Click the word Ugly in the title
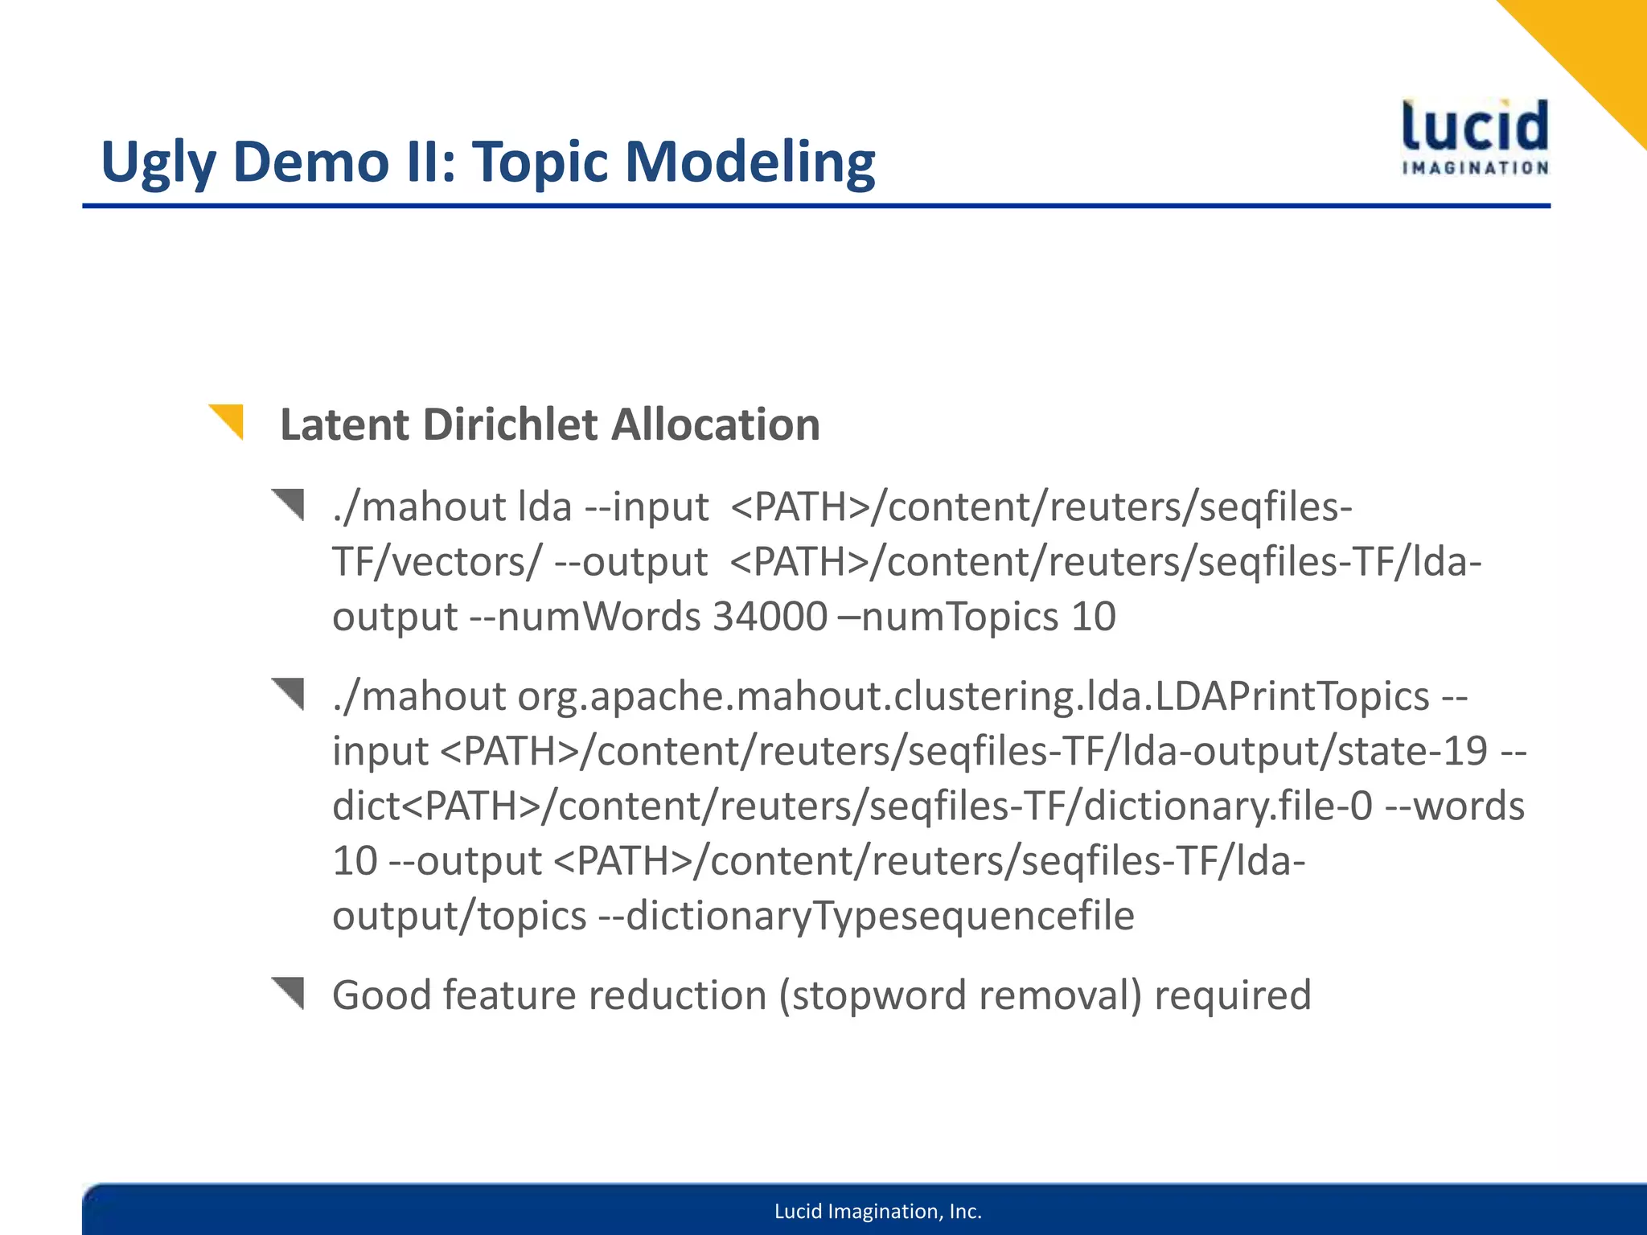158,163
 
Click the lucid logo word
1475,127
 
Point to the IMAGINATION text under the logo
1475,168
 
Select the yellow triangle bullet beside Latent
229,420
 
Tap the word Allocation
715,425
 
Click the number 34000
770,617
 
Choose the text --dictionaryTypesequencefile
867,916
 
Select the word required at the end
1232,995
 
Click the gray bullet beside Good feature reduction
290,992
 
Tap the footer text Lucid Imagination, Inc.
878,1212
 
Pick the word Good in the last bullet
382,995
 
